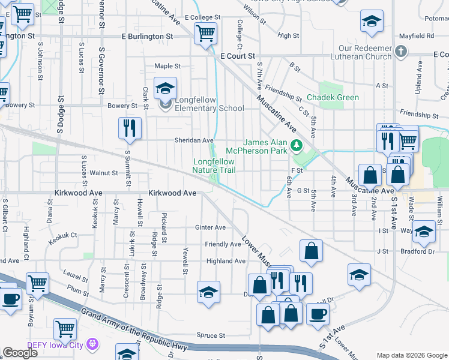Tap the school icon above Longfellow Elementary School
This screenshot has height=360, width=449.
[x=165, y=89]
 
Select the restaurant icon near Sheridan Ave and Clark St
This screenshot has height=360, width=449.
[x=130, y=128]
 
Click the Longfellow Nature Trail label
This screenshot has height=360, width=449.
[x=214, y=166]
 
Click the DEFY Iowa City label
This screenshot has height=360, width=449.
[x=56, y=344]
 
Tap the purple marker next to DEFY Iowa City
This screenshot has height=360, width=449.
[x=92, y=344]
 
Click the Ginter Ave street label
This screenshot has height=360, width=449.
[x=210, y=227]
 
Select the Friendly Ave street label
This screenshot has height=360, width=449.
[x=223, y=244]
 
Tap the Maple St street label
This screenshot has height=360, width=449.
[x=167, y=66]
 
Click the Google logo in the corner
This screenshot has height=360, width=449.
[x=20, y=353]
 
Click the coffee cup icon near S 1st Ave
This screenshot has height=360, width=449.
[x=318, y=313]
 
